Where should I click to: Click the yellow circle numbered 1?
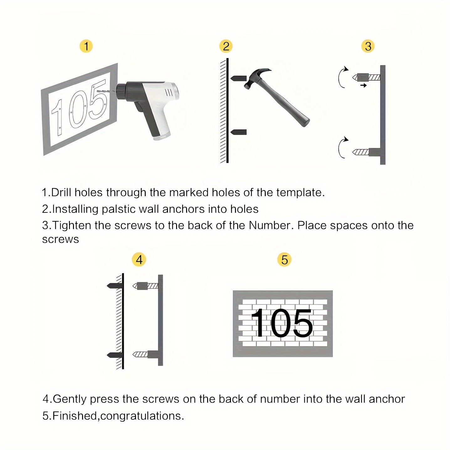click(86, 46)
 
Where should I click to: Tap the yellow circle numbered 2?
click(226, 46)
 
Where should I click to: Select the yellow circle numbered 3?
click(368, 46)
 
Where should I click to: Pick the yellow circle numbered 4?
click(139, 260)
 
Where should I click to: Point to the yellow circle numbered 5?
click(284, 260)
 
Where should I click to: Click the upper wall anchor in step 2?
click(238, 78)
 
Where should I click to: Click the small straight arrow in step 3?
click(364, 85)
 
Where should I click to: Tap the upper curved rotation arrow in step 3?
click(342, 77)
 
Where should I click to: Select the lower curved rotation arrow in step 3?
click(342, 147)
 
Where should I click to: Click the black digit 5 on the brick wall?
click(301, 323)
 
